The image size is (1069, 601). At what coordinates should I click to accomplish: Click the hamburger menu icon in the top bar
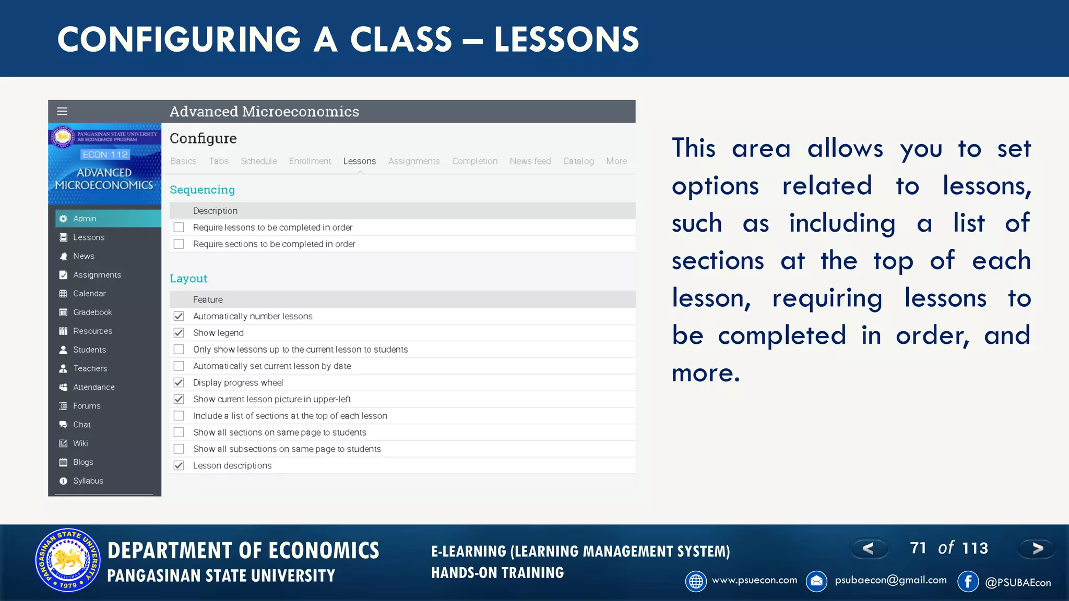62,111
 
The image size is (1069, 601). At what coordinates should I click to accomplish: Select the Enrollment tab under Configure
310,161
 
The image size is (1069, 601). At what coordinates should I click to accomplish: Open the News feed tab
530,161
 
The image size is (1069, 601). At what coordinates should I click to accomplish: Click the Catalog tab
578,161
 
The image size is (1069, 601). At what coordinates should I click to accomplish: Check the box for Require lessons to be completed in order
179,227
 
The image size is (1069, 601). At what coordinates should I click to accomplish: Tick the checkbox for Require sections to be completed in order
179,244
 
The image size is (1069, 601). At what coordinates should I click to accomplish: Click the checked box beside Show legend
179,333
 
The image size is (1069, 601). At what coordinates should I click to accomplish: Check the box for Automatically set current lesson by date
179,366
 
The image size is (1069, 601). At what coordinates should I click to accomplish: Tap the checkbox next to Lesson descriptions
179,465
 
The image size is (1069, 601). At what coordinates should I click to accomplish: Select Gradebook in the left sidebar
92,312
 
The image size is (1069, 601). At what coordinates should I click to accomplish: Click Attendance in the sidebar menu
93,387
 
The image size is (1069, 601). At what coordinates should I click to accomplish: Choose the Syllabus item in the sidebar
88,481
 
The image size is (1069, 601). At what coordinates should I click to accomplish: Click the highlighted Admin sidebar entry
85,219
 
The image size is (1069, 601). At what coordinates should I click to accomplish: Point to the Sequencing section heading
202,190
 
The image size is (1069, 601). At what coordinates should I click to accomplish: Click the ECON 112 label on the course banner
105,154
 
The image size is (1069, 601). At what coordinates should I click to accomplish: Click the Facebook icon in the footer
968,581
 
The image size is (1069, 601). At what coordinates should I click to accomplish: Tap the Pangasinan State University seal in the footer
68,560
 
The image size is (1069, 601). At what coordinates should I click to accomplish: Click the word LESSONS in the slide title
566,40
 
